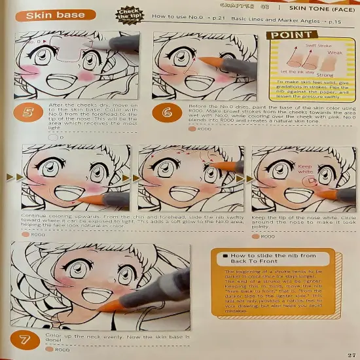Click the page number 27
(x=350, y=354)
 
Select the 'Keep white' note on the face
(x=306, y=170)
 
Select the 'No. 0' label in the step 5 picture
(x=35, y=41)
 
